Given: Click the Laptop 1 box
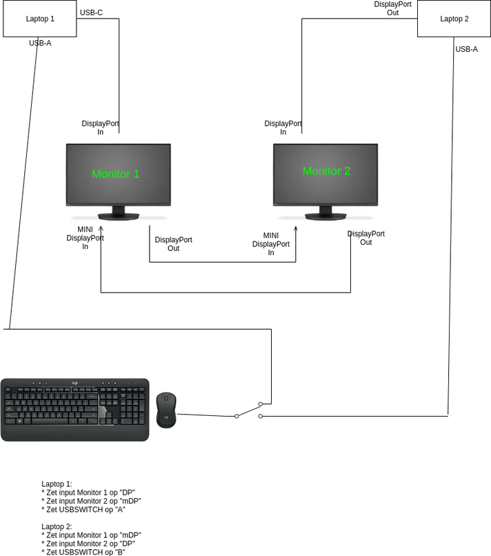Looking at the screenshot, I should point(40,19).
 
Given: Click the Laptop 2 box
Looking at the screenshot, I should point(454,19).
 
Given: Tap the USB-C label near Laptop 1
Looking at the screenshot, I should point(92,12).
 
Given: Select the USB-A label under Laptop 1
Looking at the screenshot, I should point(40,43).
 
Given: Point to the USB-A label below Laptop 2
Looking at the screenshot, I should point(466,49).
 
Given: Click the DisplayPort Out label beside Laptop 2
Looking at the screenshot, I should point(392,8).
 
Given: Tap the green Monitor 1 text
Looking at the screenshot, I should point(116,174).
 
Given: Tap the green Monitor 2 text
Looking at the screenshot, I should point(326,170).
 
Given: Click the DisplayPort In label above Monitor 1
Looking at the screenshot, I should point(100,128).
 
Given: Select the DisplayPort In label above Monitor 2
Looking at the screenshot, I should point(283,128).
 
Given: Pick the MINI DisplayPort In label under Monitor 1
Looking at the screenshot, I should point(86,238).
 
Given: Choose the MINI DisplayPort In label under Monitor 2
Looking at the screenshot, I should point(271,244).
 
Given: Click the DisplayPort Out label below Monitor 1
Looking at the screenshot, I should point(173,244).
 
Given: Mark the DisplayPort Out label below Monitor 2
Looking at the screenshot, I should point(365,238).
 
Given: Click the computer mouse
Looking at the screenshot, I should point(166,410).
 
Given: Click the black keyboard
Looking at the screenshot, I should point(74,409).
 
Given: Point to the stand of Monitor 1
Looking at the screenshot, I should point(118,212).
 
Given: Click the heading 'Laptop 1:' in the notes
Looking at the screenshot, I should point(57,484).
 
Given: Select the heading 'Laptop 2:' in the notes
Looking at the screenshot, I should point(57,526).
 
